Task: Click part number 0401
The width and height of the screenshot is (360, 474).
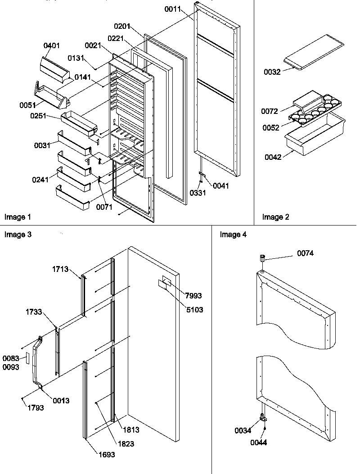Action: point(52,46)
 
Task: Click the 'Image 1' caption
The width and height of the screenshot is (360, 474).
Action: point(18,217)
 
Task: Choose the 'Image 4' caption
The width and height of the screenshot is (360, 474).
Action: point(233,235)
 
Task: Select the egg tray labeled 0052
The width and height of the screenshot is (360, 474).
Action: point(315,113)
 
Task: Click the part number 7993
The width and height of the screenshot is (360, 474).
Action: point(193,296)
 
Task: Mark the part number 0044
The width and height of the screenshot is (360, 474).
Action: point(259,442)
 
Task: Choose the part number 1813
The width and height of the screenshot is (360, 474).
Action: point(130,429)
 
